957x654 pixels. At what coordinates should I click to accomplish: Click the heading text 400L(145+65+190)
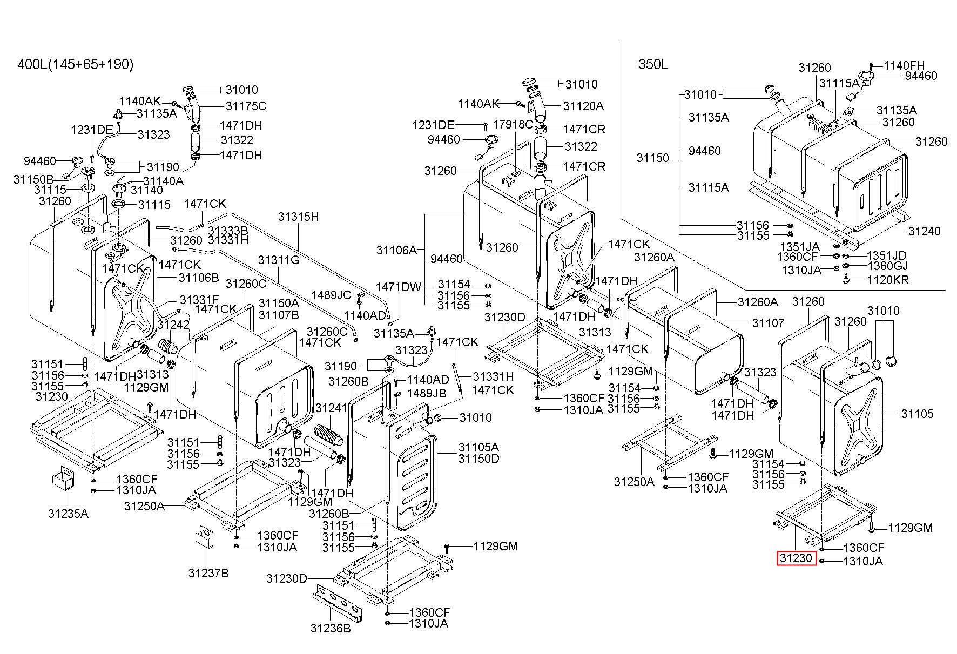(x=76, y=65)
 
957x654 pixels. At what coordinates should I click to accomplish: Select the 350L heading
(x=653, y=65)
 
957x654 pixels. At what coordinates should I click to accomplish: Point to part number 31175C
(x=246, y=106)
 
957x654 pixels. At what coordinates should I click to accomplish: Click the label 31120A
(x=583, y=106)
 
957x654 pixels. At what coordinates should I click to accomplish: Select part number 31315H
(x=298, y=217)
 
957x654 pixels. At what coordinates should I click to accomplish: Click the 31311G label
(x=278, y=260)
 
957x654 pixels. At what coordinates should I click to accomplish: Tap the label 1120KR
(x=888, y=280)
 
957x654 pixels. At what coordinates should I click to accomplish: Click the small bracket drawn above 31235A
(x=63, y=478)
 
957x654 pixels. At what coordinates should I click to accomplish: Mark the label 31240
(x=924, y=231)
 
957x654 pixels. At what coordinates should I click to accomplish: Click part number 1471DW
(x=398, y=287)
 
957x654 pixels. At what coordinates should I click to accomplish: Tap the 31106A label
(x=397, y=250)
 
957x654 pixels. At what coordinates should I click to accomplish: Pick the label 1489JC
(x=331, y=295)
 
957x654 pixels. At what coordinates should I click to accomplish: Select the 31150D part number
(x=478, y=459)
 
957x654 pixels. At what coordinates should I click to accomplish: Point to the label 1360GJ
(x=887, y=266)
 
